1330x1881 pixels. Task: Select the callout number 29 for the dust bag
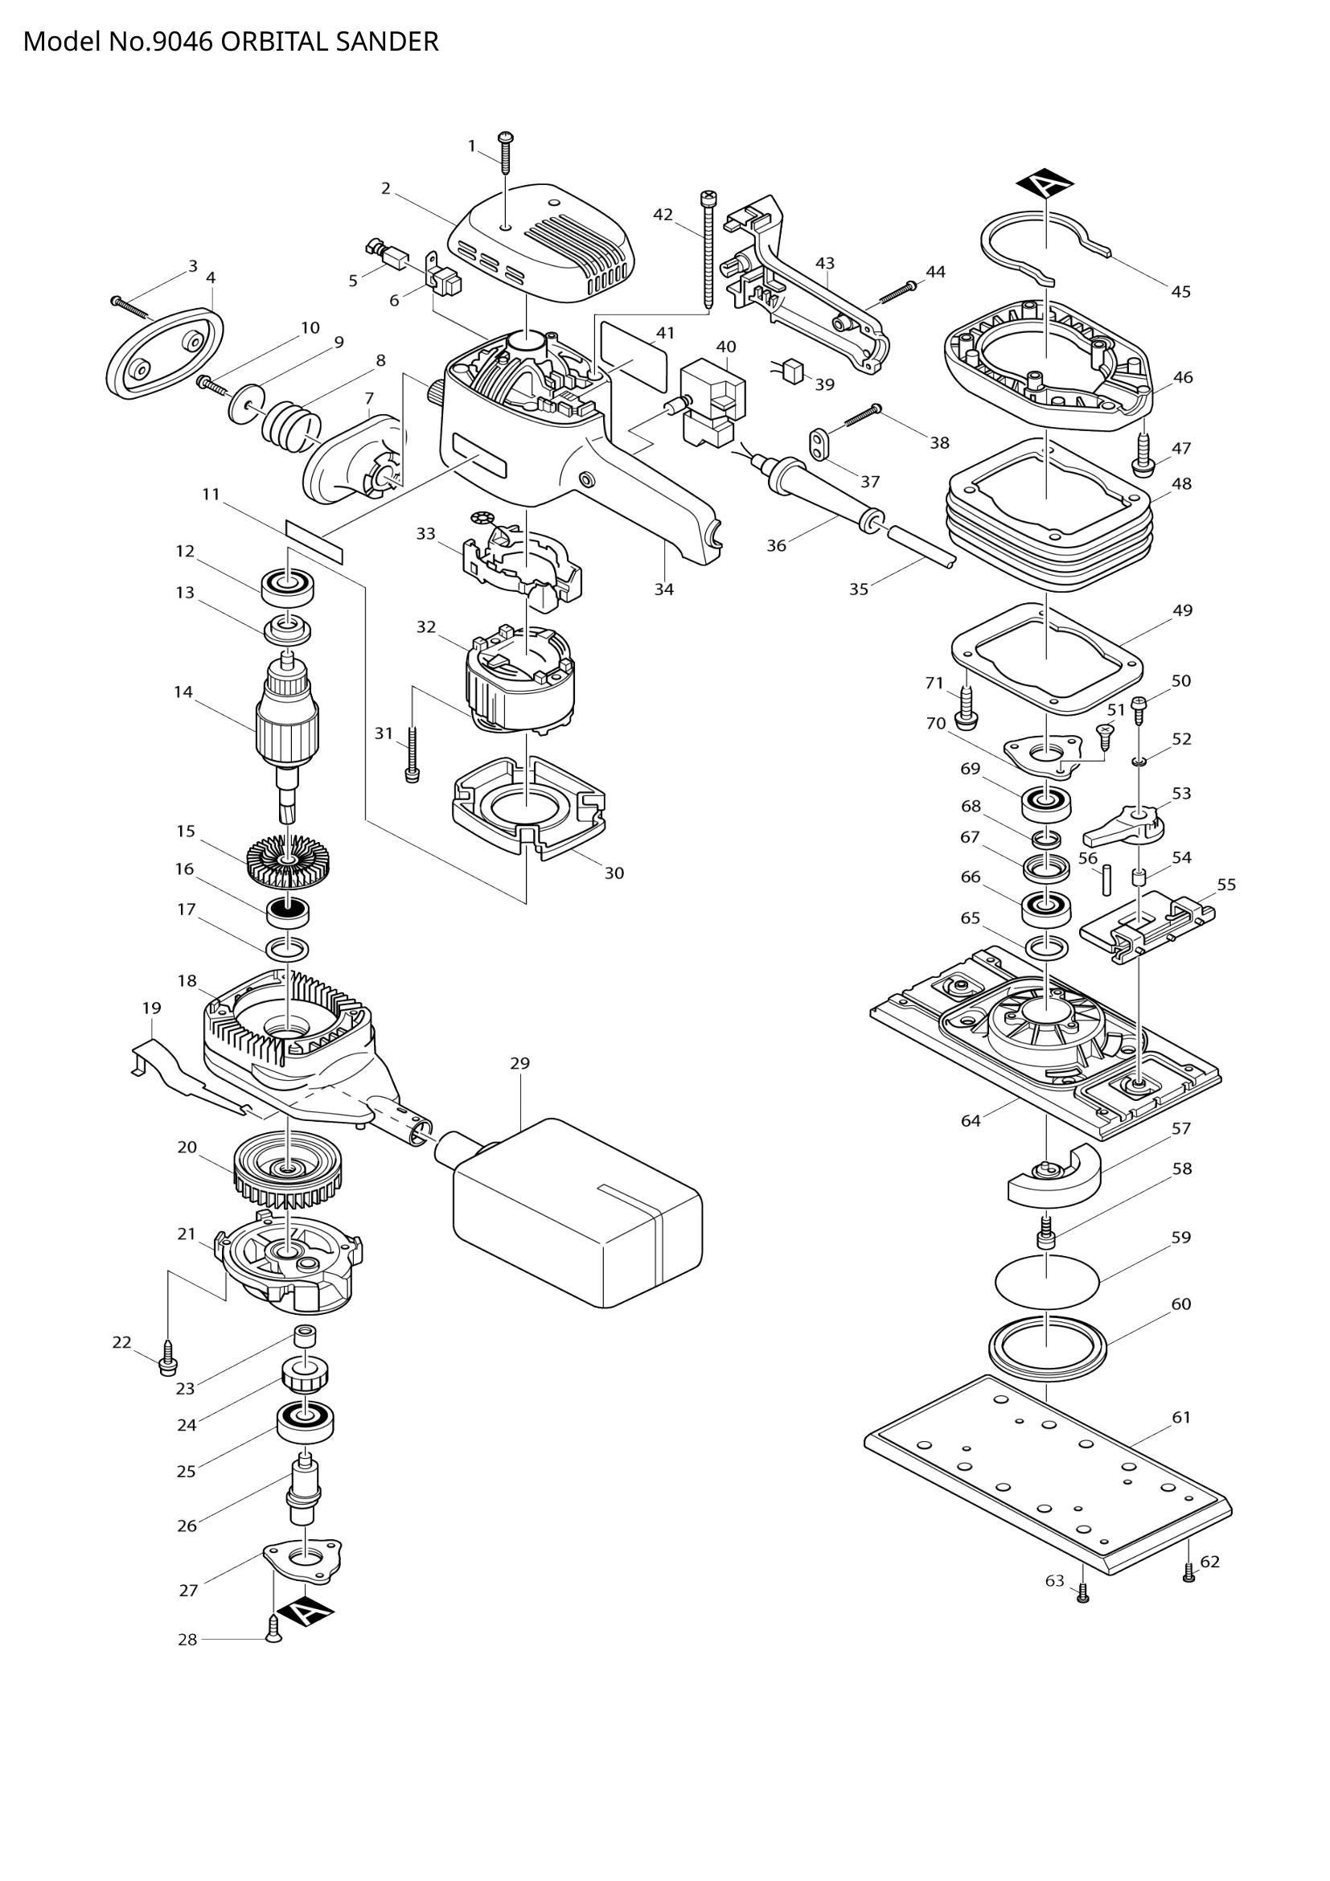point(519,1063)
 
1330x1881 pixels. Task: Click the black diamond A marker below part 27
point(305,1612)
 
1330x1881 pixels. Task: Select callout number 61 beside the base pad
point(1181,1416)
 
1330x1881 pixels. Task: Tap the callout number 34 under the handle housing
point(663,589)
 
